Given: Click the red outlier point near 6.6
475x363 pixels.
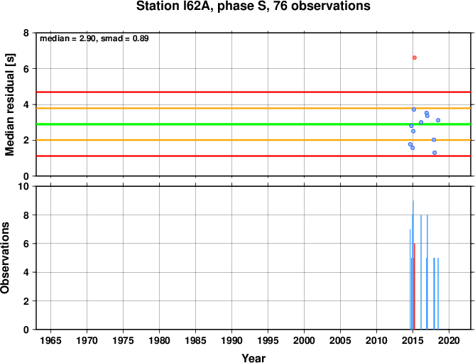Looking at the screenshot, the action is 415,58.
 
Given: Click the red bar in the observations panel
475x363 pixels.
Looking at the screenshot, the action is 415,286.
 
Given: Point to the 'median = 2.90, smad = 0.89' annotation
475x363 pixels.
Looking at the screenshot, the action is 94,38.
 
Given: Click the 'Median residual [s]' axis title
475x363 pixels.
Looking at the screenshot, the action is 10,104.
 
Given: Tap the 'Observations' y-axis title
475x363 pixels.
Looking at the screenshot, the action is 5,258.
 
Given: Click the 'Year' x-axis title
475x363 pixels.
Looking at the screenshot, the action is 253,358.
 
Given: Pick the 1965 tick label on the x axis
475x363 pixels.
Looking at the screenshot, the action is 50,340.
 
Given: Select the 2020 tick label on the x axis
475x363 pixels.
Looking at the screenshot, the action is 449,340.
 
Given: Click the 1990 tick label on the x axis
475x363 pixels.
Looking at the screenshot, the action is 231,340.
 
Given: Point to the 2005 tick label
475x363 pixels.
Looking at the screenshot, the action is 341,340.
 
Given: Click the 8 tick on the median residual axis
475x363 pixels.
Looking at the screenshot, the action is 26,33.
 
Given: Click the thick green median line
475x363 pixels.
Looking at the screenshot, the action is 253,124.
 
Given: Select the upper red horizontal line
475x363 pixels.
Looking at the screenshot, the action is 253,92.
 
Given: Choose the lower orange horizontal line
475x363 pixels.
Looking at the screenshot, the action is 253,140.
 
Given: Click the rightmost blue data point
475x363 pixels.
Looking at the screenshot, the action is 438,120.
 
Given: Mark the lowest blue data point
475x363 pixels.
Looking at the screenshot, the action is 435,153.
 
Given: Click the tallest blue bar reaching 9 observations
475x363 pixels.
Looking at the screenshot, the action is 413,265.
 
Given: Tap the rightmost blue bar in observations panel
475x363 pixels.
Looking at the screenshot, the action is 438,293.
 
